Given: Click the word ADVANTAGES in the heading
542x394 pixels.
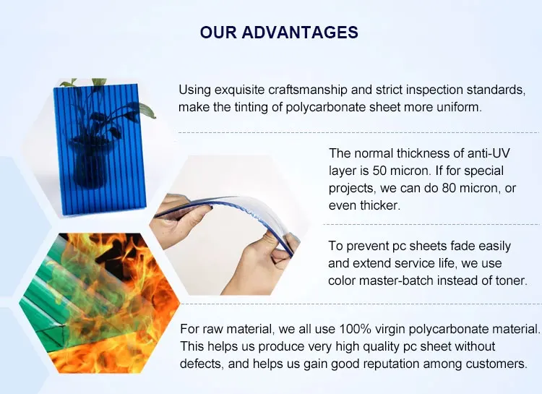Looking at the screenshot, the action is coord(300,32).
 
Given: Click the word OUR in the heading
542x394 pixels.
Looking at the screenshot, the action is coord(218,32).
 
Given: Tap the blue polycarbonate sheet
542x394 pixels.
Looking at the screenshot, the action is coord(100,150).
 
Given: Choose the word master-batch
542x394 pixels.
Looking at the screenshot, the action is coord(396,280).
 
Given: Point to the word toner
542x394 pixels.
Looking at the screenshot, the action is coord(511,280).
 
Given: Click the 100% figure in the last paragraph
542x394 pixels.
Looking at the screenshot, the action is coord(355,329).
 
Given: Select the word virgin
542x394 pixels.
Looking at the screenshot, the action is coord(390,330).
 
